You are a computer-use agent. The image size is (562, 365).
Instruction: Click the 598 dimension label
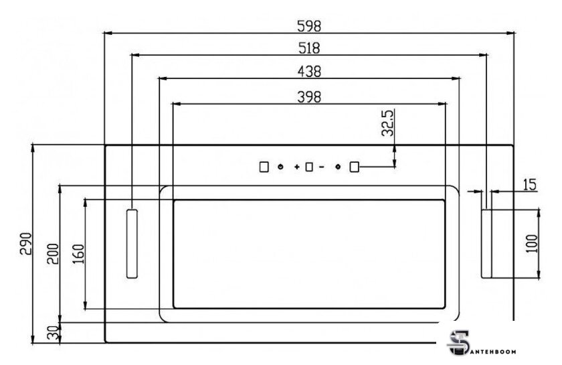coord(309,26)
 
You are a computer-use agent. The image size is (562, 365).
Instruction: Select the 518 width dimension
coord(309,48)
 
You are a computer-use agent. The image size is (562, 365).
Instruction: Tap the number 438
coord(309,72)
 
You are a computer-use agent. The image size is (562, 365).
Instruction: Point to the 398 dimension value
coord(309,97)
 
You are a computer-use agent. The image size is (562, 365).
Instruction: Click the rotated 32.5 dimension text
coord(387,123)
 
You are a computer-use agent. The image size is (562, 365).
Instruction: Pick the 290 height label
coord(26,244)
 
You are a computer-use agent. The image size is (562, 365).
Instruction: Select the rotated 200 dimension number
coord(53,254)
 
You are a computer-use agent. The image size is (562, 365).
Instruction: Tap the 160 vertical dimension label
coord(78,254)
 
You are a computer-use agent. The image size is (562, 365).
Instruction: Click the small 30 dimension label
coord(53,333)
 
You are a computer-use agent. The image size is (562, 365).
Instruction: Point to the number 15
coord(530,185)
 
